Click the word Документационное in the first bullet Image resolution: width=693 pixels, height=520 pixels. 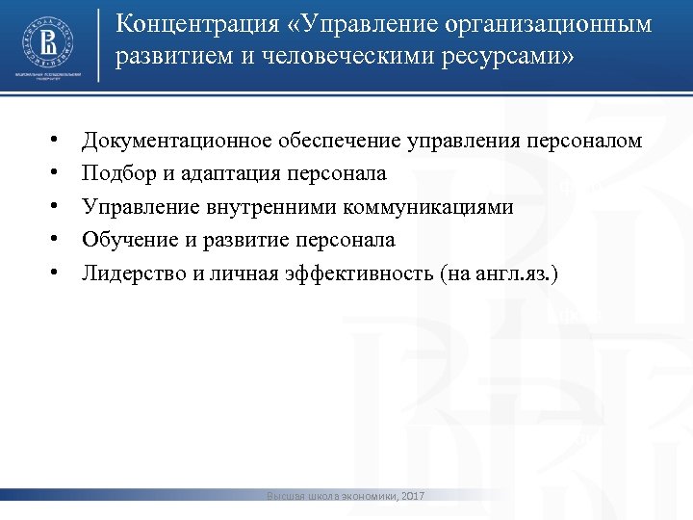click(x=176, y=142)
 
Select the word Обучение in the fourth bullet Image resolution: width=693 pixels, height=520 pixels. click(x=124, y=240)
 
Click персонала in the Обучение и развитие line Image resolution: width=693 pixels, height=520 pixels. click(x=347, y=240)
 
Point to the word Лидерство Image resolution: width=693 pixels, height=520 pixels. click(x=134, y=273)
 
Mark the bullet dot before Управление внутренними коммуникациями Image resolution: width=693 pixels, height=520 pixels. click(x=59, y=207)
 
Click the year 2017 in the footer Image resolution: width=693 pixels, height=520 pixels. click(x=411, y=496)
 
